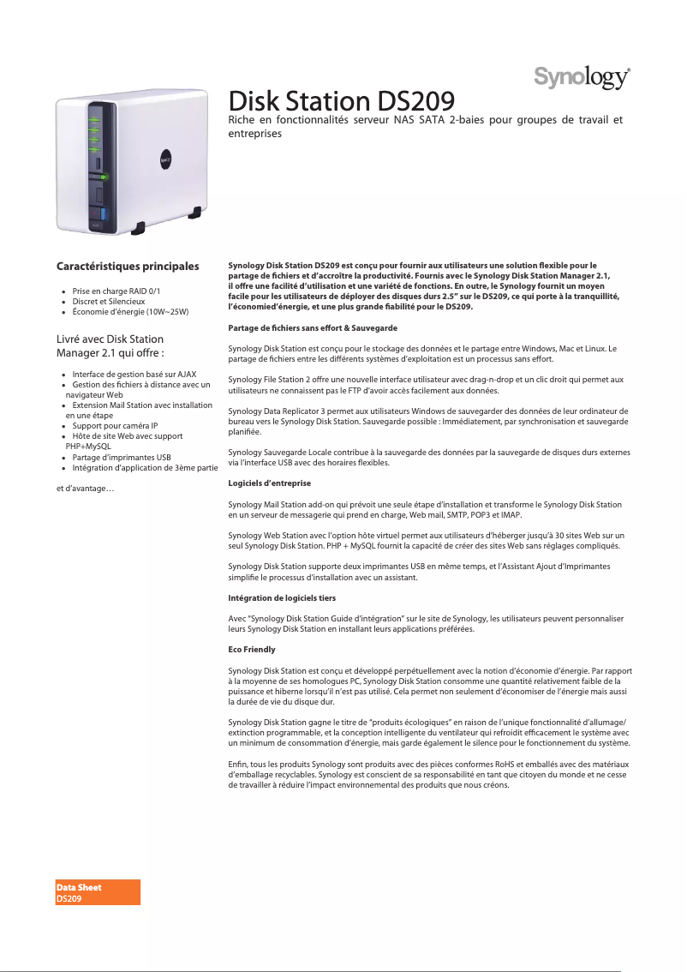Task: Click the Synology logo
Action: point(583,77)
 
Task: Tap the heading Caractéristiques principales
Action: point(128,267)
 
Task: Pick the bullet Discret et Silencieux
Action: point(108,302)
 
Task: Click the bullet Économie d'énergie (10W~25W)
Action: point(130,312)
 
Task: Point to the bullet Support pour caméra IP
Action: point(115,426)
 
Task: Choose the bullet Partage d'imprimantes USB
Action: point(121,458)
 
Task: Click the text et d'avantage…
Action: point(86,489)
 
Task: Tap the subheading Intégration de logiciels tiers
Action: point(282,597)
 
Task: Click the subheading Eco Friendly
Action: point(252,650)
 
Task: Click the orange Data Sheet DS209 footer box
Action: point(98,892)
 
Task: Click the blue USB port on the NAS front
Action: point(104,212)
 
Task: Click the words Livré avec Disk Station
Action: point(110,339)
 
